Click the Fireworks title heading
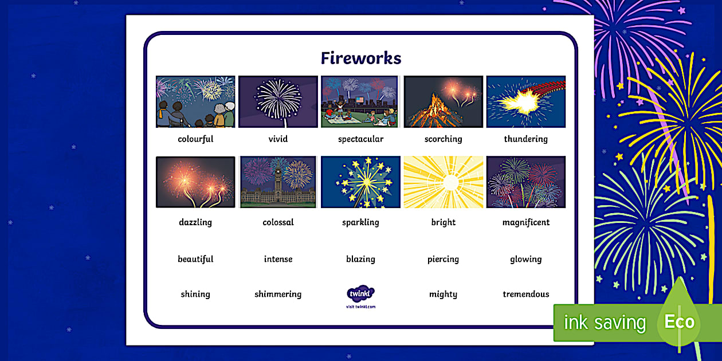point(360,58)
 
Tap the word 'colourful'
point(195,139)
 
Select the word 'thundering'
point(525,139)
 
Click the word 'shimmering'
point(278,295)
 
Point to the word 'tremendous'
point(525,295)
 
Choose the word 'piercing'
point(443,260)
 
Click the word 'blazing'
point(360,260)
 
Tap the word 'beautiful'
point(195,260)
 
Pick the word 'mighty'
point(443,295)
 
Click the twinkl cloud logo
point(360,293)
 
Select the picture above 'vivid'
point(278,101)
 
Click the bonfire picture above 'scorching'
point(443,101)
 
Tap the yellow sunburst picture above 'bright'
point(443,182)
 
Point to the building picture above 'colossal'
point(278,182)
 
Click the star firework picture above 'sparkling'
point(360,182)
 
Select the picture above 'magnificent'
point(525,182)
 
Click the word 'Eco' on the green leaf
point(679,321)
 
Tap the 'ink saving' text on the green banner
point(605,323)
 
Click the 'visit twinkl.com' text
point(360,307)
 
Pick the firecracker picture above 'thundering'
point(525,101)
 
